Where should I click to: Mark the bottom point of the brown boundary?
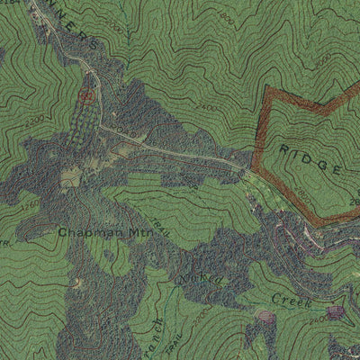[317, 221]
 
